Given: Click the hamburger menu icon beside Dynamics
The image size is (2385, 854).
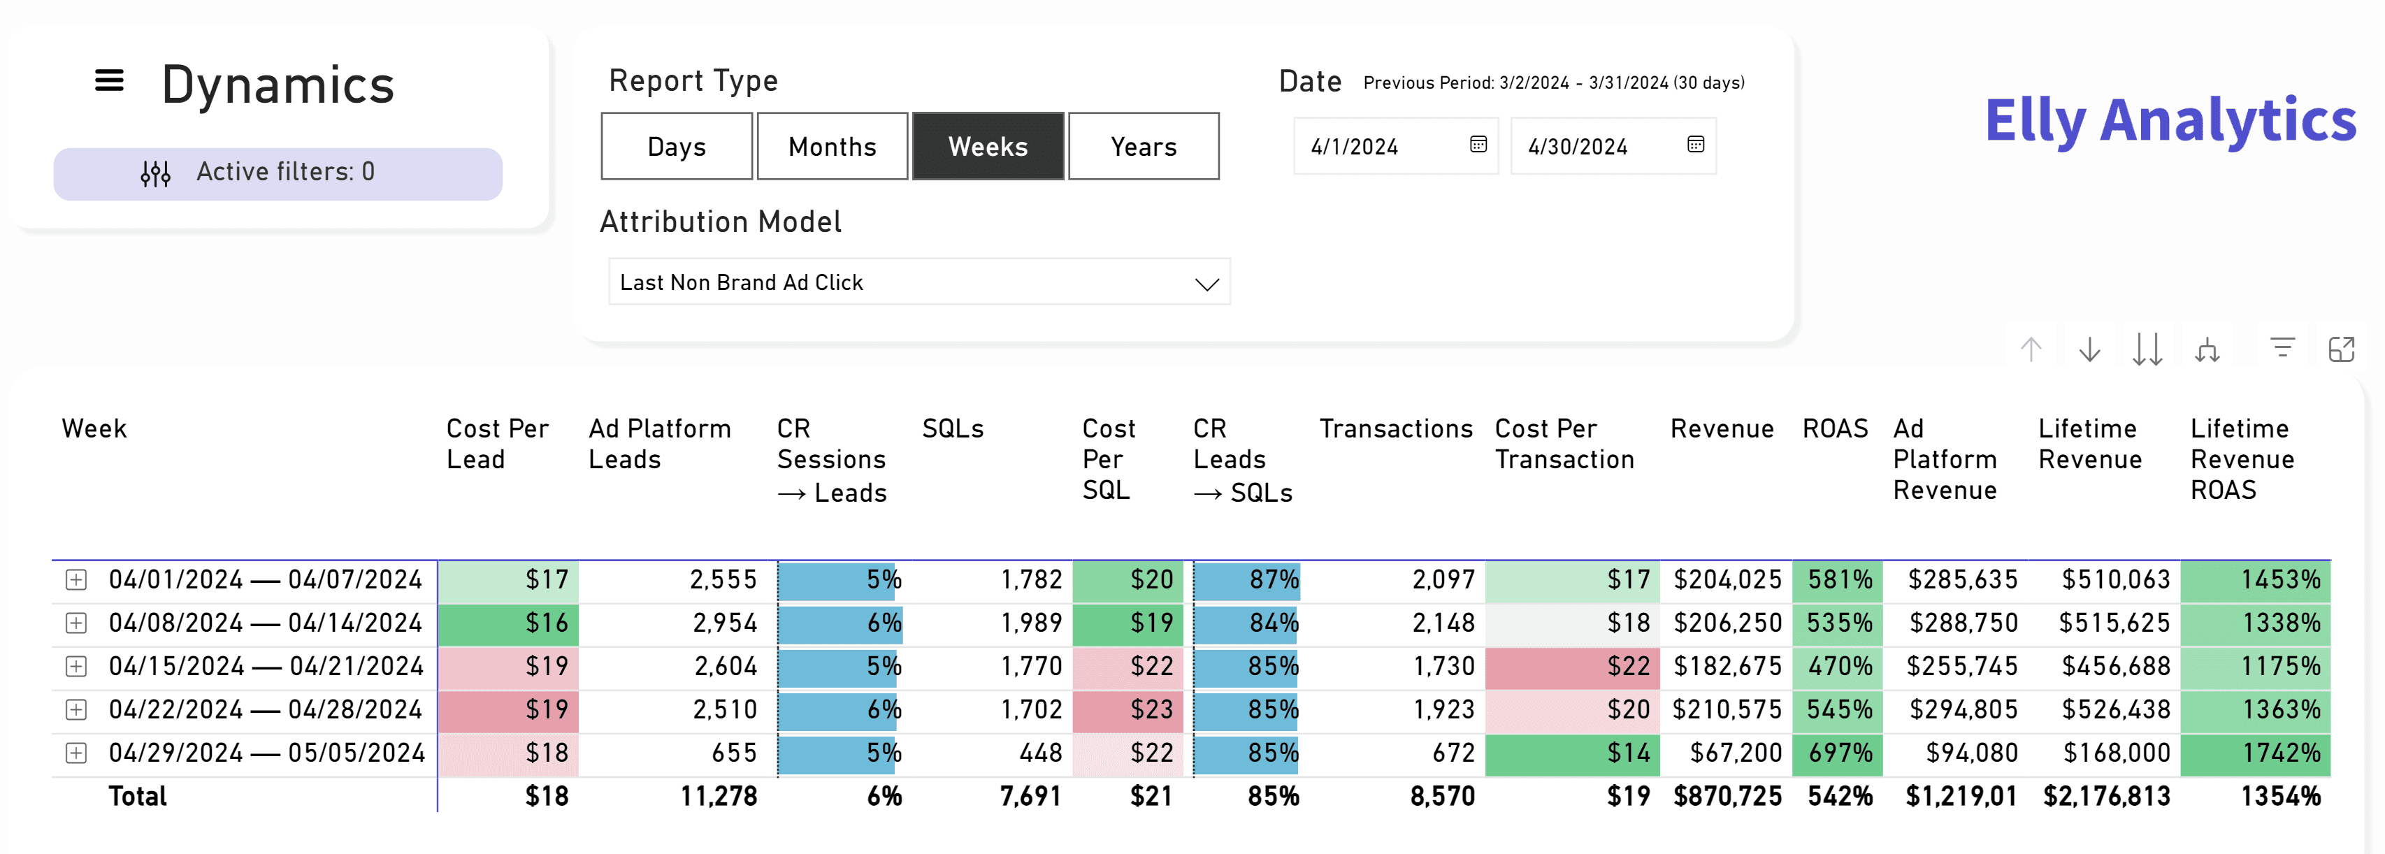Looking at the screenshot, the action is click(109, 80).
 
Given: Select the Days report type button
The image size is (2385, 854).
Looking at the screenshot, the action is click(677, 146).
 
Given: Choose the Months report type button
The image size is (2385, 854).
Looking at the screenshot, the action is click(833, 146).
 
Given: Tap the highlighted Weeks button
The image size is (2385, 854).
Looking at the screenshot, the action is click(988, 146).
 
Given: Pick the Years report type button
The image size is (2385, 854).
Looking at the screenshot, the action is click(1144, 146).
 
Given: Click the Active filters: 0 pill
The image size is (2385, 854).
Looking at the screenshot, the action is click(278, 174).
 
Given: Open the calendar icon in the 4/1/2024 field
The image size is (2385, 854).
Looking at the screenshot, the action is click(1478, 145).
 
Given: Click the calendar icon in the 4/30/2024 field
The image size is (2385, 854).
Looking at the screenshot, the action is click(1695, 145).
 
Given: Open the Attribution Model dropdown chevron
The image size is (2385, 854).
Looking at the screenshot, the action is click(1206, 284).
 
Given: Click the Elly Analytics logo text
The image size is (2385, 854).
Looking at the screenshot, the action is click(2170, 120).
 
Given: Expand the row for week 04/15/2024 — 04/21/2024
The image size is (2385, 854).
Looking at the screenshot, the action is click(77, 666).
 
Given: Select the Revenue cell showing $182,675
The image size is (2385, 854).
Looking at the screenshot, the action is click(1727, 666).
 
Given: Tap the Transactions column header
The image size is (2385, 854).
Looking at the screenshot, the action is click(1395, 428).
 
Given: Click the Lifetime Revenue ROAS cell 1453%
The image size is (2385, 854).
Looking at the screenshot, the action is click(2256, 580).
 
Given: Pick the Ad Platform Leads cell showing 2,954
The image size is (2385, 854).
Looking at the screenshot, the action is click(725, 623).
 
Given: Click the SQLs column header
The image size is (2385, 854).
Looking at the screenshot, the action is click(953, 428).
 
